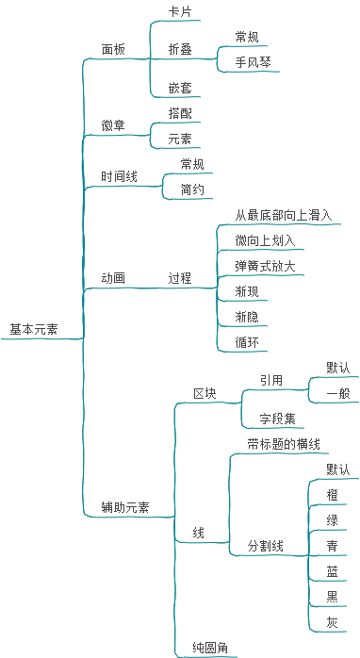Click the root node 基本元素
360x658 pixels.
pyautogui.click(x=33, y=329)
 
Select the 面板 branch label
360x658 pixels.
pyautogui.click(x=113, y=49)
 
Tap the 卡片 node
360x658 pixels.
pyautogui.click(x=180, y=11)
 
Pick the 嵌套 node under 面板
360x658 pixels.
pyautogui.click(x=180, y=88)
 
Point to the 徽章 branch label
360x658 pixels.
pyautogui.click(x=113, y=125)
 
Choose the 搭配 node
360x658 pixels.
pyautogui.click(x=180, y=113)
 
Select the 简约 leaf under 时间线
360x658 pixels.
pyautogui.click(x=192, y=189)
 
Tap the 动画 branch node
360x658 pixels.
pyautogui.click(x=113, y=278)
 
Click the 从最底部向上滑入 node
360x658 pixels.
pyautogui.click(x=283, y=215)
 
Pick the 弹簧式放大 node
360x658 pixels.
pyautogui.click(x=265, y=266)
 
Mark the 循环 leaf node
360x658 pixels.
pyautogui.click(x=247, y=342)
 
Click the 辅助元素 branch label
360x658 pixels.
pyautogui.click(x=125, y=507)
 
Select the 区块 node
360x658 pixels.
pyautogui.click(x=205, y=393)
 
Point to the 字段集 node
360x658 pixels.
pyautogui.click(x=276, y=419)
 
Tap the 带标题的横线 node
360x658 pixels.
pyautogui.click(x=283, y=444)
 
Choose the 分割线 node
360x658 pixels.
pyautogui.click(x=265, y=546)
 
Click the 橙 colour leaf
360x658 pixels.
pyautogui.click(x=332, y=495)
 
